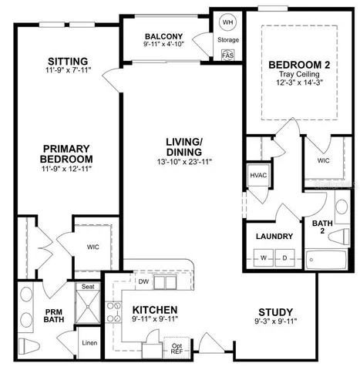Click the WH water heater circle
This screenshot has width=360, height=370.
click(x=228, y=22)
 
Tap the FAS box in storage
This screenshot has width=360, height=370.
click(x=227, y=55)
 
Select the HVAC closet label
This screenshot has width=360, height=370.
click(x=257, y=175)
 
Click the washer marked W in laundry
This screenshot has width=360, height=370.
click(x=263, y=257)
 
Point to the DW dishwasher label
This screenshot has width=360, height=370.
click(x=143, y=281)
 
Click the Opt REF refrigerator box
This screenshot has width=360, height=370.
click(x=177, y=349)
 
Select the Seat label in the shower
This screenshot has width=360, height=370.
click(x=87, y=286)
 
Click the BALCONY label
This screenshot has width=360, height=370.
click(x=163, y=36)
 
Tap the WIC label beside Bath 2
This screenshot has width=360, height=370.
click(x=323, y=160)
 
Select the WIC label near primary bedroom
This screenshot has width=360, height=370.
click(x=93, y=247)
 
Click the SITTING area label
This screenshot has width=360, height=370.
click(x=67, y=62)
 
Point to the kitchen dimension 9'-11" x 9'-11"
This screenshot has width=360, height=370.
click(x=154, y=318)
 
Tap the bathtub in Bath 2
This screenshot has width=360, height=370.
click(x=328, y=259)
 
